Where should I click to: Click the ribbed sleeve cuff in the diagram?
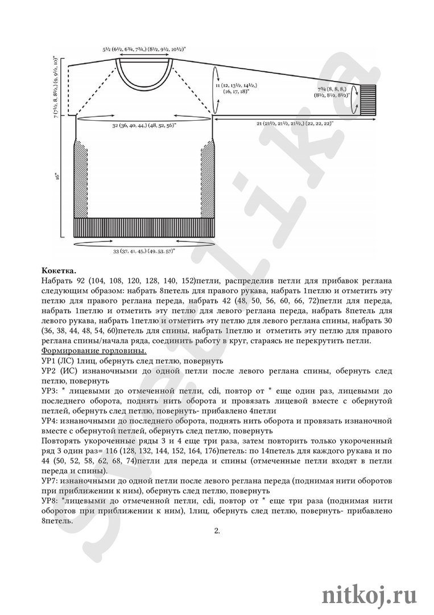pyautogui.click(x=369, y=100)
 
